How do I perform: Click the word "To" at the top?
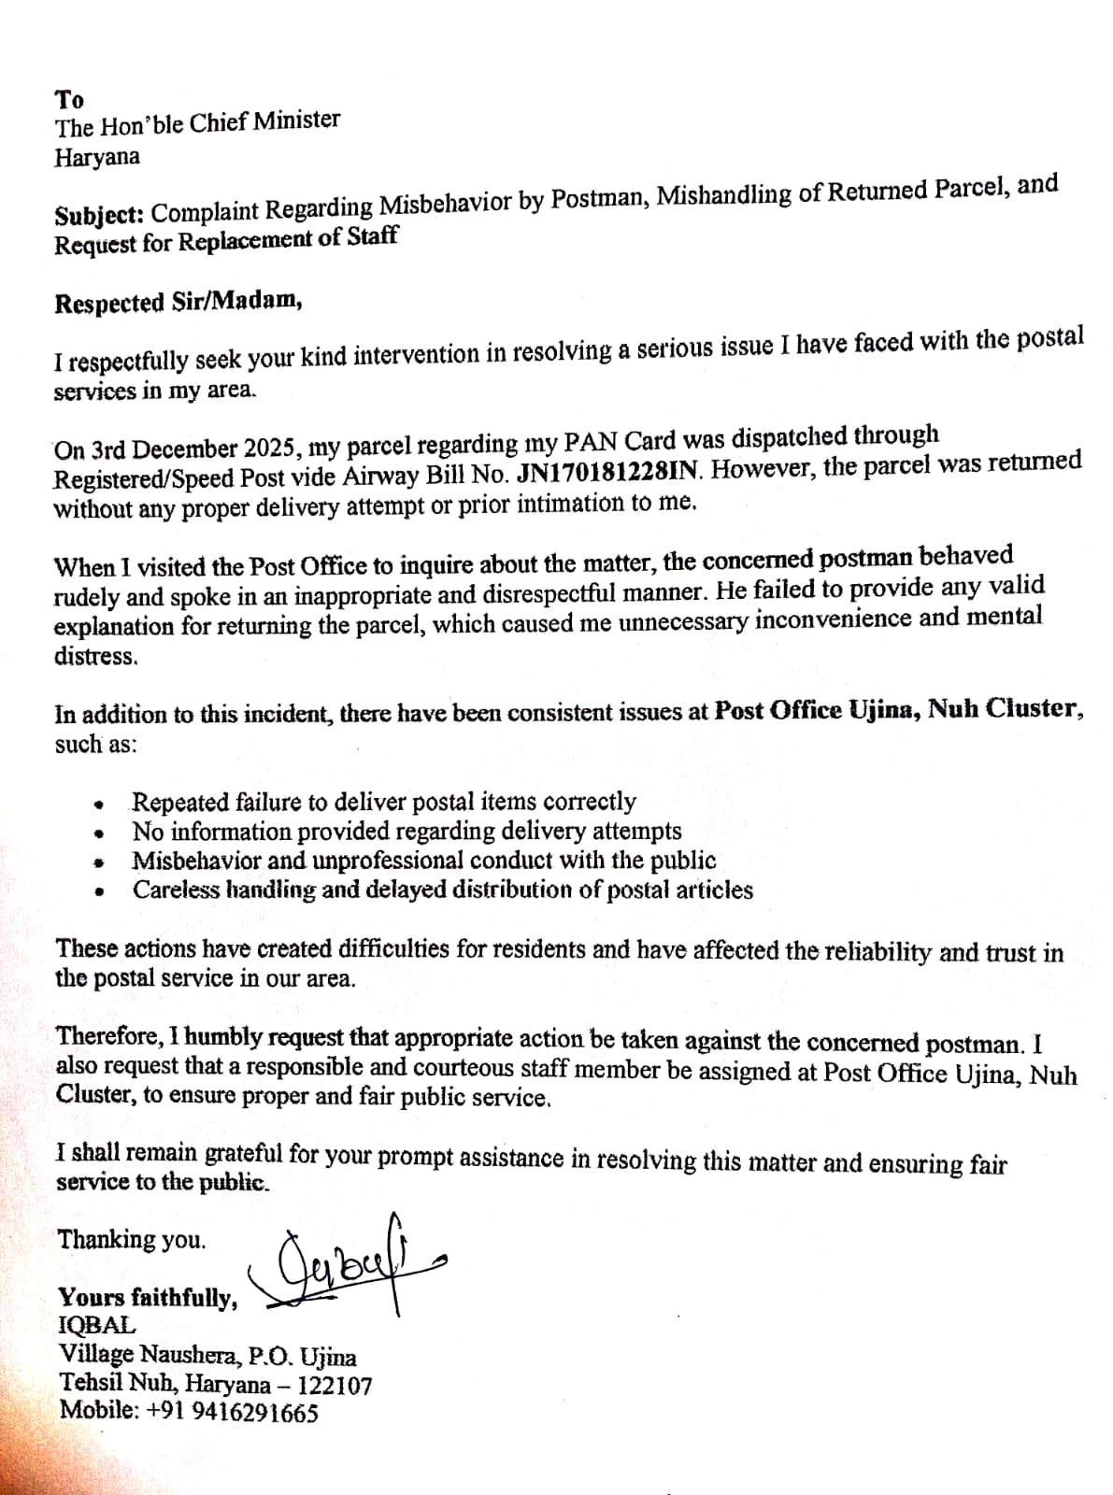click(69, 99)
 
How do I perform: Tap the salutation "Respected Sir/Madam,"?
click(178, 303)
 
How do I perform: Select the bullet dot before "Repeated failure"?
click(97, 804)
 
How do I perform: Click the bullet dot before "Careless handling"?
click(97, 891)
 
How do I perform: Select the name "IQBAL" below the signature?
click(96, 1325)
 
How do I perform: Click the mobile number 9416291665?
click(254, 1412)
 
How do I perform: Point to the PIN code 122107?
click(335, 1385)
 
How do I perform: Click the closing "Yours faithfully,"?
click(148, 1297)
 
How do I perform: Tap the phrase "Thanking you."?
click(132, 1240)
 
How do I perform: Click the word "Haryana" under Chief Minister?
click(97, 157)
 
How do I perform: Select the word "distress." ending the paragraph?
click(96, 656)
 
